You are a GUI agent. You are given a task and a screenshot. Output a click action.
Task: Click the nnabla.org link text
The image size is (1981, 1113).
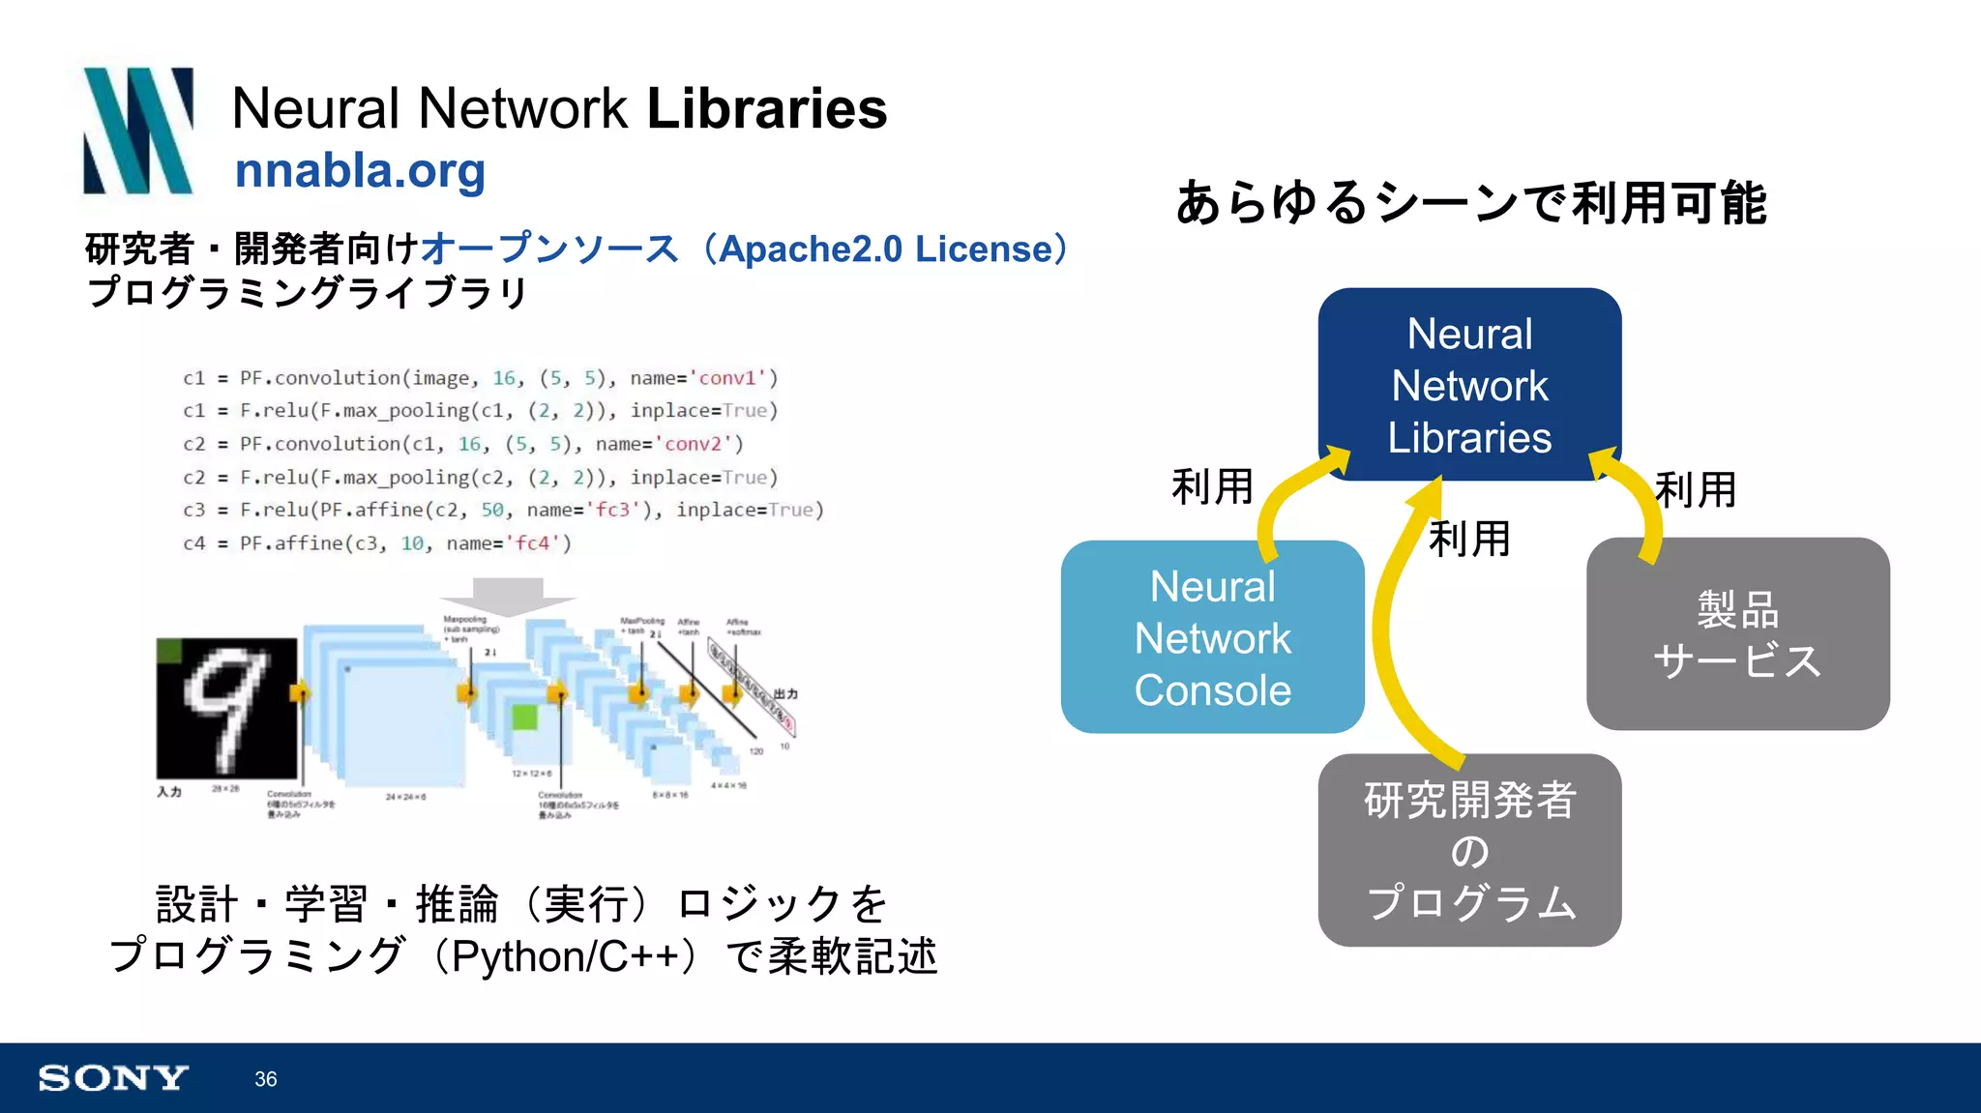point(359,171)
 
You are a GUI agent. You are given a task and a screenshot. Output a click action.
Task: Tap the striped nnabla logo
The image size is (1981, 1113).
point(138,131)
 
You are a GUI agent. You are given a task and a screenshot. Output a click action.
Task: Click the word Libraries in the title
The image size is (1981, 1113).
point(766,107)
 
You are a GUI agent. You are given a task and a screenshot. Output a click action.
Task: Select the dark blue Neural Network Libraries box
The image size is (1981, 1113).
point(1468,385)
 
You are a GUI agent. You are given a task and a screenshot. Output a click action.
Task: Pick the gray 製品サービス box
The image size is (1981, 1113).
point(1737,635)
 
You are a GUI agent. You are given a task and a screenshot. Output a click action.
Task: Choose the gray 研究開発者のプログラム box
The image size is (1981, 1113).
point(1468,850)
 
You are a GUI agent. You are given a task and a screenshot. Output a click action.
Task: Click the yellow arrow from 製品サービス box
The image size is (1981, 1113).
point(1641,503)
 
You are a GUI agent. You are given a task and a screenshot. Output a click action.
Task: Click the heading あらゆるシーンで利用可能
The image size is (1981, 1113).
point(1470,203)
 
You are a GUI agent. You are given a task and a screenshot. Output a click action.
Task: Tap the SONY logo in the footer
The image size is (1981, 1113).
point(113,1077)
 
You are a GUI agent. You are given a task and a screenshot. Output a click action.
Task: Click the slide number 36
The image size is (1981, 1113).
point(265,1079)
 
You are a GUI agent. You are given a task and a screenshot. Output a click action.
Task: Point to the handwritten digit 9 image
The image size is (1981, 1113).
point(226,708)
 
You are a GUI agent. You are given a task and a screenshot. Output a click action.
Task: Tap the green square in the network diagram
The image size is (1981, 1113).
point(524,717)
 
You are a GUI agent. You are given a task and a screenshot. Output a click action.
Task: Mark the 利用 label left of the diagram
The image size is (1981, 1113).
point(1211,486)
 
